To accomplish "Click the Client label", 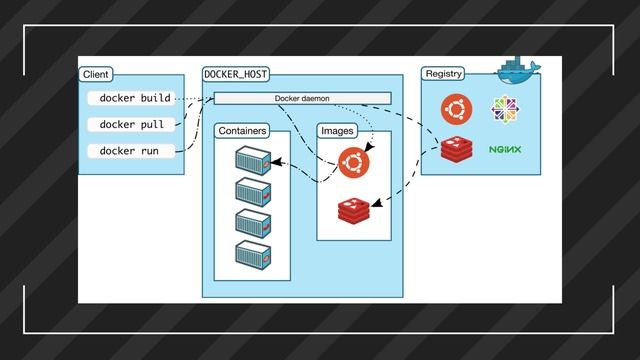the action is pyautogui.click(x=96, y=74).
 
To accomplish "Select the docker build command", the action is pyautogui.click(x=134, y=98).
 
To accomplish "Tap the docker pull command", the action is pyautogui.click(x=132, y=124).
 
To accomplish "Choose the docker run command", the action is pyautogui.click(x=130, y=150).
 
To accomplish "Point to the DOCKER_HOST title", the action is pyautogui.click(x=236, y=74).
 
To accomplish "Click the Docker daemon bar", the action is pyautogui.click(x=302, y=98).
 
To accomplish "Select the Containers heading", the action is pyautogui.click(x=241, y=131).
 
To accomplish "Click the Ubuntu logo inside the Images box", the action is pyautogui.click(x=352, y=160).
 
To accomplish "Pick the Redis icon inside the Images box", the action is pyautogui.click(x=353, y=210).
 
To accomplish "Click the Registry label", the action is pyautogui.click(x=442, y=74).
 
